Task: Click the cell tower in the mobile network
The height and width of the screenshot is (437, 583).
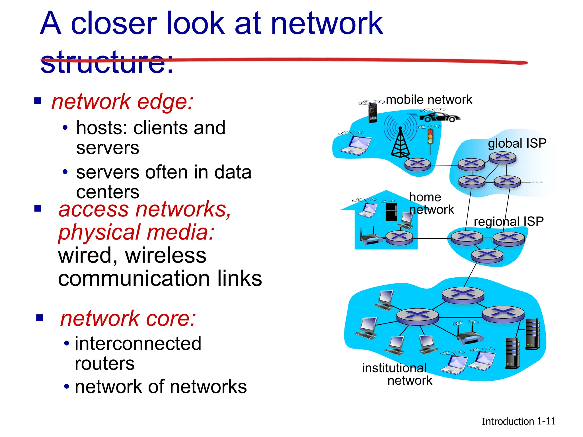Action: (400, 142)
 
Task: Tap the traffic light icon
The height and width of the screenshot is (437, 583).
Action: (430, 137)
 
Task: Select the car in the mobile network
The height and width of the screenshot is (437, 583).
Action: (440, 117)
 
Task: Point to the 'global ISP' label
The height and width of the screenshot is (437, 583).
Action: (517, 143)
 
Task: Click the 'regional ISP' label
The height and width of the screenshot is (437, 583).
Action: (508, 221)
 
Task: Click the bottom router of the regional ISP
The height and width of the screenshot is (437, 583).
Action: (487, 255)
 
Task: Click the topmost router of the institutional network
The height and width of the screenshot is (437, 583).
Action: (463, 295)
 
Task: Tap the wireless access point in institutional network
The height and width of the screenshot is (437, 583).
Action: (470, 336)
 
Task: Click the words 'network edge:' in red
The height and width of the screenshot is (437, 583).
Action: (122, 102)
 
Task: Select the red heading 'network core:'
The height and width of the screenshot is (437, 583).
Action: (128, 318)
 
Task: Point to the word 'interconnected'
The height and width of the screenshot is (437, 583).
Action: (138, 343)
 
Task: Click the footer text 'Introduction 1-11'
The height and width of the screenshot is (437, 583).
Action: (518, 421)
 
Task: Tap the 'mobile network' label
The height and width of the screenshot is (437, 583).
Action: (429, 100)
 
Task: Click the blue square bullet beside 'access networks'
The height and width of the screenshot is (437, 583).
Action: (38, 208)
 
